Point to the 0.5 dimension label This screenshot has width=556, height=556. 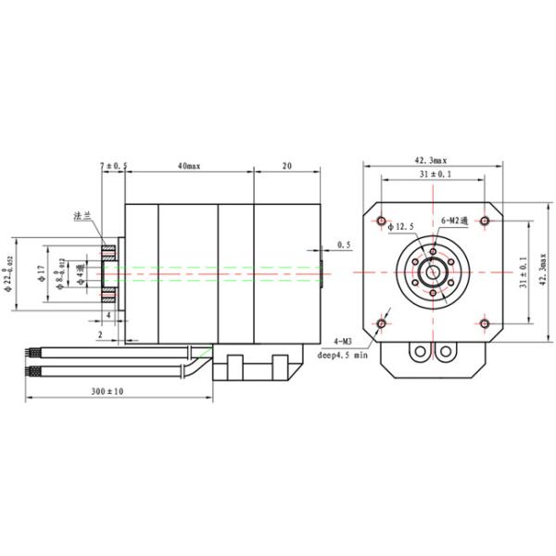344,245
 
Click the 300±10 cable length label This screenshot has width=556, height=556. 107,392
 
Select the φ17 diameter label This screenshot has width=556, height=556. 40,274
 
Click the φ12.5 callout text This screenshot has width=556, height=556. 402,226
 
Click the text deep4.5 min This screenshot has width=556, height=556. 343,354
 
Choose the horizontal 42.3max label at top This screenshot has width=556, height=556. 433,160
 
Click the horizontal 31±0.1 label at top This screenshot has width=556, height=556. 433,174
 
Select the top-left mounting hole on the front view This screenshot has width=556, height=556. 382,221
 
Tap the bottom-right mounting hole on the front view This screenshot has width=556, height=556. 485,322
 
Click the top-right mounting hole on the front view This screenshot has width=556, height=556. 485,221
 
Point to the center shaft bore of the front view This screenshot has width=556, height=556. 433,272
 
